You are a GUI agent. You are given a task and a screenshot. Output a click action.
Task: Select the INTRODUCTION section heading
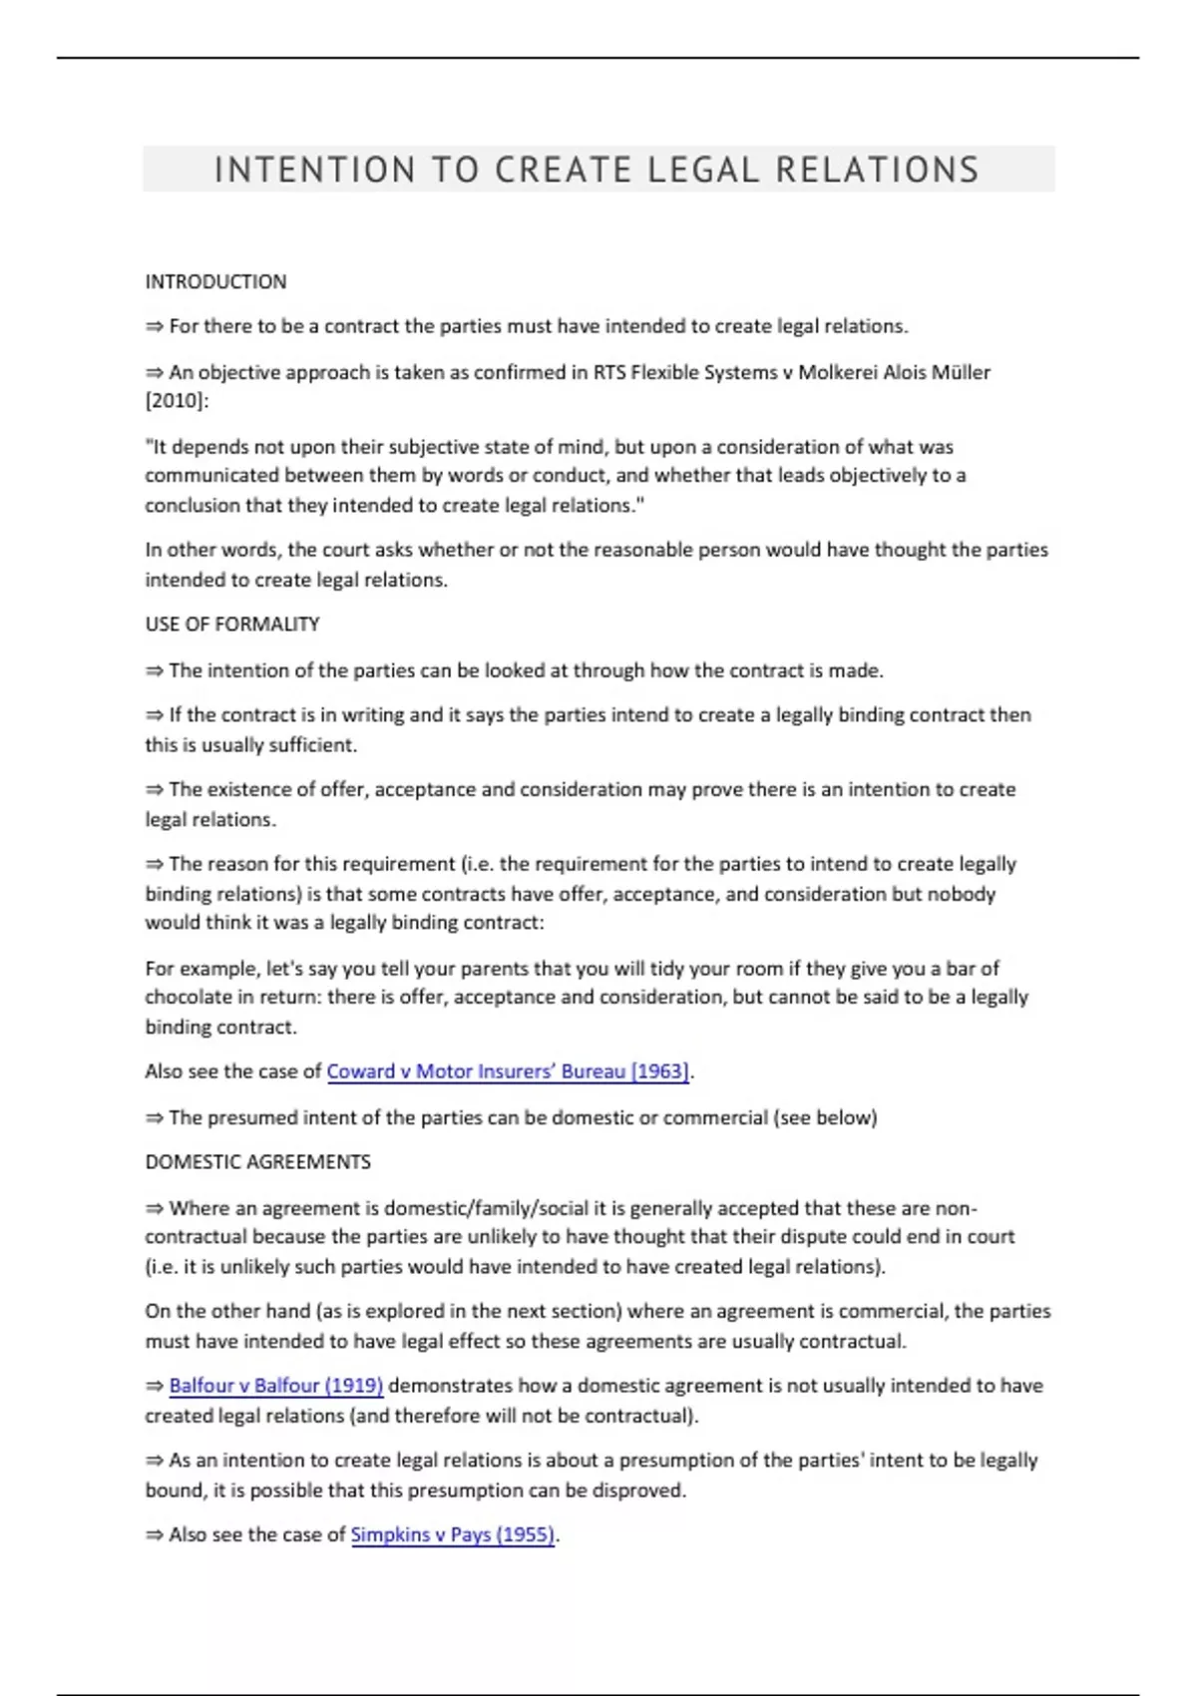pos(215,282)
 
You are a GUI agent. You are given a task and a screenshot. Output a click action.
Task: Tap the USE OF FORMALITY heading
pos(232,625)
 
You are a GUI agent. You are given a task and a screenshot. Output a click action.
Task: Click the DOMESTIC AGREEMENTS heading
pos(257,1162)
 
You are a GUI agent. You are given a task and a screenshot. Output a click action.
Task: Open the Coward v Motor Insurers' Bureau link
pos(508,1071)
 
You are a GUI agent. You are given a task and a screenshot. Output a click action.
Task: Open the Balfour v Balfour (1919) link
pos(276,1386)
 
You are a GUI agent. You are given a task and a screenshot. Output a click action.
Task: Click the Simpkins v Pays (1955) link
pos(453,1534)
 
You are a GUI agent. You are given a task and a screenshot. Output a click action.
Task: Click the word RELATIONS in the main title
pos(877,170)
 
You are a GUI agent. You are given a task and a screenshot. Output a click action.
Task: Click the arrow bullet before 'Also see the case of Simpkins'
pos(155,1534)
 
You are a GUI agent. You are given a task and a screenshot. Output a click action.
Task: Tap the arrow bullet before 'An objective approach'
pos(155,372)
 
